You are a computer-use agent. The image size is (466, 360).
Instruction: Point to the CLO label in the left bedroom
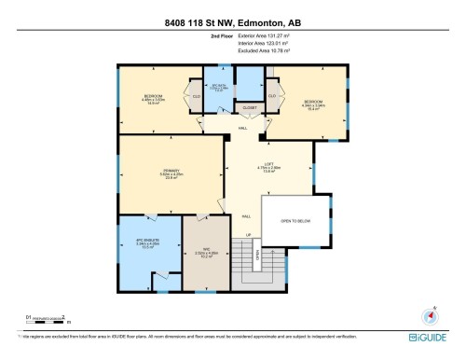[x=197, y=95]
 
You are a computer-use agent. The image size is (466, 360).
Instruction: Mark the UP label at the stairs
[x=249, y=235]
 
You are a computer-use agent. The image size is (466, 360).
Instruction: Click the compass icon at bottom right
[x=430, y=316]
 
